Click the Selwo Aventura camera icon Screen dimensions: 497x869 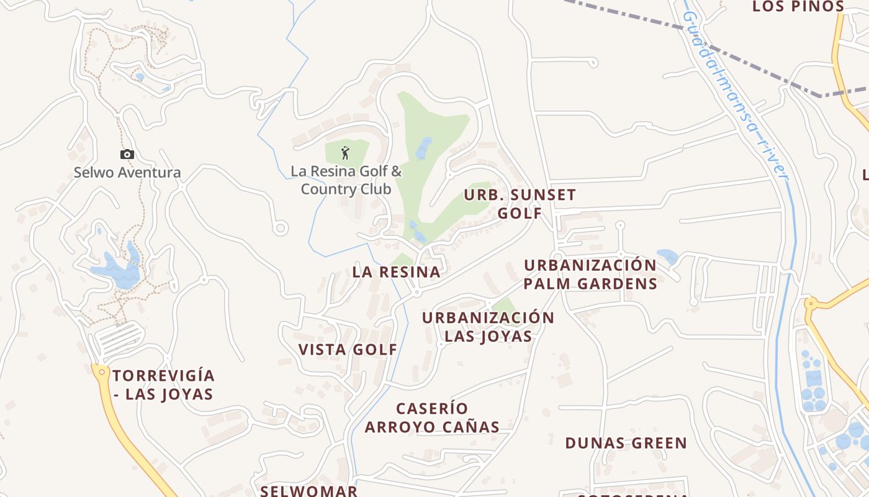pyautogui.click(x=127, y=154)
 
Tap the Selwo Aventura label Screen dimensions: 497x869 pyautogui.click(x=127, y=172)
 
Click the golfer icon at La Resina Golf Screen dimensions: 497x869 pyautogui.click(x=346, y=152)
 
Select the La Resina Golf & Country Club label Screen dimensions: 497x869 pyautogui.click(x=346, y=180)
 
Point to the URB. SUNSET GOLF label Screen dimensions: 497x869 pyautogui.click(x=520, y=204)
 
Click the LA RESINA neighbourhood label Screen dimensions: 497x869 pyautogui.click(x=396, y=272)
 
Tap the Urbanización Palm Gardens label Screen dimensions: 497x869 pyautogui.click(x=590, y=274)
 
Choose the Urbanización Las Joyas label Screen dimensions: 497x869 pyautogui.click(x=488, y=327)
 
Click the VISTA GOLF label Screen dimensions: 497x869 pyautogui.click(x=348, y=349)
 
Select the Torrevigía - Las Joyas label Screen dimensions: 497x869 pyautogui.click(x=164, y=385)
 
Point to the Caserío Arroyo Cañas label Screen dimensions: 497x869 pyautogui.click(x=432, y=417)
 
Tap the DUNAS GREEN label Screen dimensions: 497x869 pyautogui.click(x=626, y=443)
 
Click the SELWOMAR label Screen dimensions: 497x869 pyautogui.click(x=308, y=490)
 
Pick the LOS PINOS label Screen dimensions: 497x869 pyautogui.click(x=798, y=7)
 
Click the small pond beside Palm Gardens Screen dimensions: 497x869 pyautogui.click(x=668, y=256)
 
